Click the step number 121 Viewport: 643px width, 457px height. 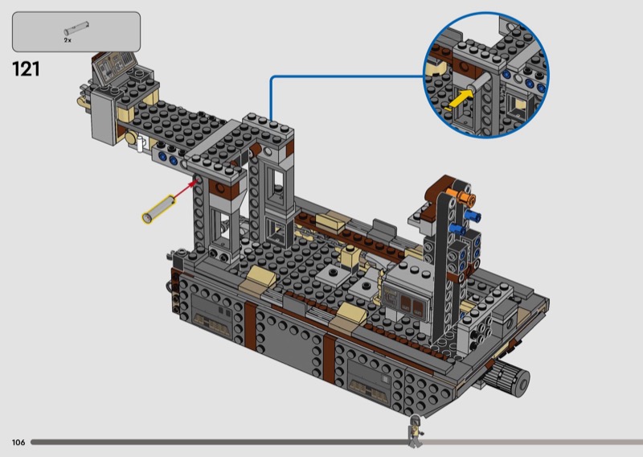(27, 69)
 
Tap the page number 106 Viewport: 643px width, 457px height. (18, 443)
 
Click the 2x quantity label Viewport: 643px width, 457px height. (68, 40)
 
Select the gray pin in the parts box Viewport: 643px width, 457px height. (76, 28)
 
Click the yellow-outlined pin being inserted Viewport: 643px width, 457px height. (158, 209)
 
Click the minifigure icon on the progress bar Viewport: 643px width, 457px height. (415, 431)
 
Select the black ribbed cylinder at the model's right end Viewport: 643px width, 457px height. (509, 376)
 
